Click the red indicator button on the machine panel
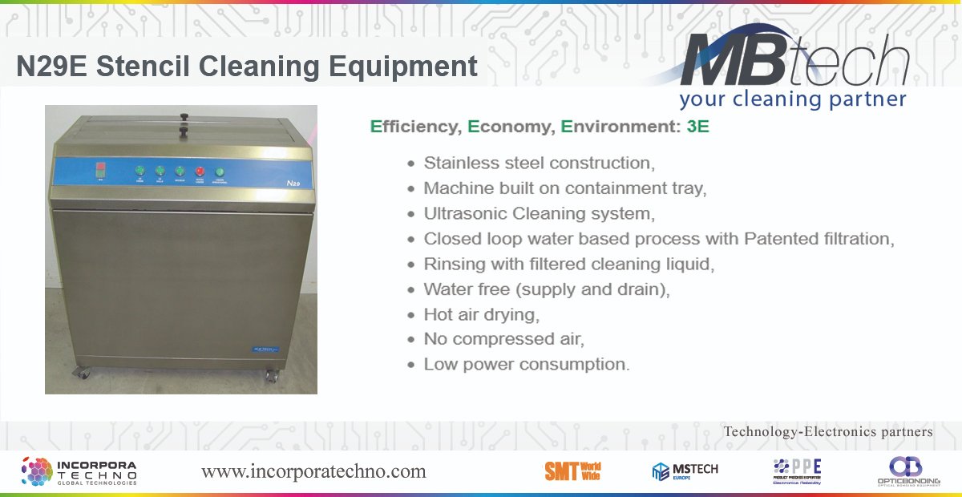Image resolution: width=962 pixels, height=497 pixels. [200, 170]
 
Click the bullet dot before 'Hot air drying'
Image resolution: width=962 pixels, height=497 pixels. [411, 314]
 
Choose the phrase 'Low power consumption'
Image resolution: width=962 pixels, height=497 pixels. [527, 364]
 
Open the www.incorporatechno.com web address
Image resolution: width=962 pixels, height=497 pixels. [313, 471]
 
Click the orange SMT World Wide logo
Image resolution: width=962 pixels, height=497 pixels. [572, 471]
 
